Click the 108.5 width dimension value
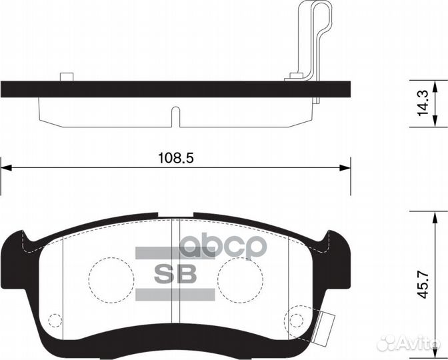pos(175,158)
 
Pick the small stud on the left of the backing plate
pos(65,76)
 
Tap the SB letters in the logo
pos(175,274)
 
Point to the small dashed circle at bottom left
pos(55,320)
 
